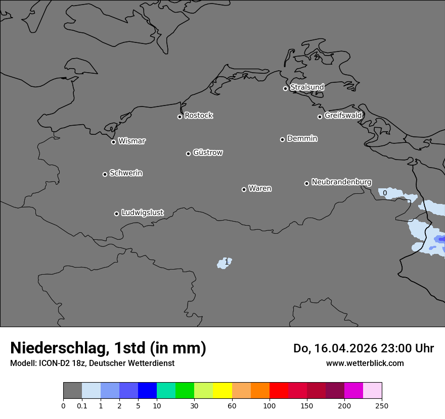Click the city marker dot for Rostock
(x=180, y=117)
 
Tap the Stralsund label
(x=307, y=87)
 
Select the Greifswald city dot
(x=320, y=117)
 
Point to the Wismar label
(x=131, y=141)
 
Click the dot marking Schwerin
(x=105, y=174)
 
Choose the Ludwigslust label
(x=143, y=213)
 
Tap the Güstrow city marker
(x=188, y=153)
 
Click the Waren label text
(x=260, y=189)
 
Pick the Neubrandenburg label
(x=341, y=182)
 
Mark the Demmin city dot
(x=282, y=139)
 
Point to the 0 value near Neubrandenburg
(x=385, y=193)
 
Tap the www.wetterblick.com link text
(x=365, y=363)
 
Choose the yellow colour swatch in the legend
(x=222, y=391)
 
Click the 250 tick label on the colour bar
(x=381, y=405)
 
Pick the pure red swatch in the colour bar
(x=278, y=391)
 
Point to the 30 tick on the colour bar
(x=194, y=405)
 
